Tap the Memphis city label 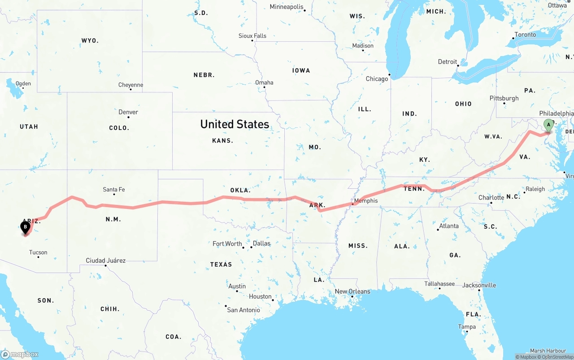click(366, 201)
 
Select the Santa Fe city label click(114, 190)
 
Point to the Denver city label click(128, 112)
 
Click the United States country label click(235, 124)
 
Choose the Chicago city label click(377, 79)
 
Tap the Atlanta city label click(448, 226)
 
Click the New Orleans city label click(352, 291)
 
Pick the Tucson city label click(38, 252)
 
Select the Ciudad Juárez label click(106, 260)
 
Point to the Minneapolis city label click(287, 7)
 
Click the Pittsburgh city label click(504, 98)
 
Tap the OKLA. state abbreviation click(240, 191)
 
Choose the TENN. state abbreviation click(414, 189)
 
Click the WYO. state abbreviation click(90, 41)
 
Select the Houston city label click(261, 296)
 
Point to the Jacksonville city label click(479, 285)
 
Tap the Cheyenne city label click(131, 85)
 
